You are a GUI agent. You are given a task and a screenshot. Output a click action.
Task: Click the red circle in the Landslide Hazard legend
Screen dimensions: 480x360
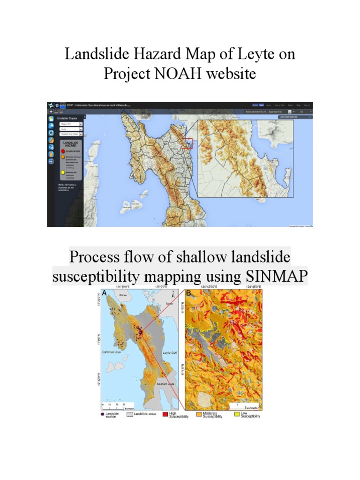coord(62,152)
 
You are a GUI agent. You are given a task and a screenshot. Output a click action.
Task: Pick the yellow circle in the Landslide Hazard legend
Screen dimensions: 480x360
coord(62,174)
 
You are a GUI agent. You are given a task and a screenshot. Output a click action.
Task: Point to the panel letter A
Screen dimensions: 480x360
coord(104,294)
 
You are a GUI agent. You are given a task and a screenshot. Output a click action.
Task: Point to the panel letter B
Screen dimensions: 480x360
coord(188,294)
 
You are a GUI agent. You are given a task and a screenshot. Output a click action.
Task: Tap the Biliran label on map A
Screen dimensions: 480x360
coord(123,296)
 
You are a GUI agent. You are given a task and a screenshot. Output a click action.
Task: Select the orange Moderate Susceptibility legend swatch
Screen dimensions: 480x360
coord(199,414)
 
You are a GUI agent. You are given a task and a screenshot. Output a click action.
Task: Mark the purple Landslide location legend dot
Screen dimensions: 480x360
coord(102,414)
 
